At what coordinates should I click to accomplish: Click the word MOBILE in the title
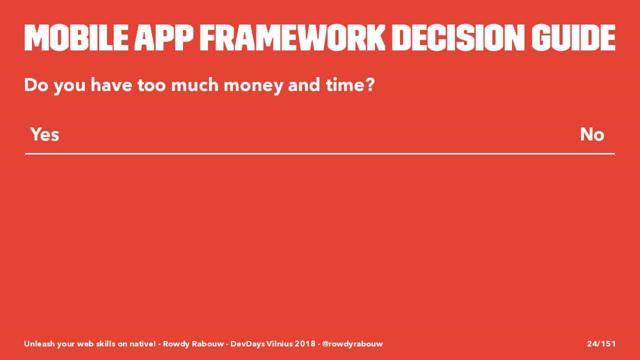point(76,37)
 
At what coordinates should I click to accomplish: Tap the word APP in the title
point(163,37)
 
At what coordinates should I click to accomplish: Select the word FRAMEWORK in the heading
point(292,37)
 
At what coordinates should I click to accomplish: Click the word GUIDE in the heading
point(573,37)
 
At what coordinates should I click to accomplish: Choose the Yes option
point(45,134)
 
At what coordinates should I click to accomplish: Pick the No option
point(592,134)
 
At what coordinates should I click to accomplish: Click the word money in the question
point(253,85)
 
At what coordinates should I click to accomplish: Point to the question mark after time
point(369,84)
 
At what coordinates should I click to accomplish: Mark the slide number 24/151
point(601,343)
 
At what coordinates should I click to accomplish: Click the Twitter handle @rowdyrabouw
point(352,343)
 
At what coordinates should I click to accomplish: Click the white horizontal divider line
point(320,153)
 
